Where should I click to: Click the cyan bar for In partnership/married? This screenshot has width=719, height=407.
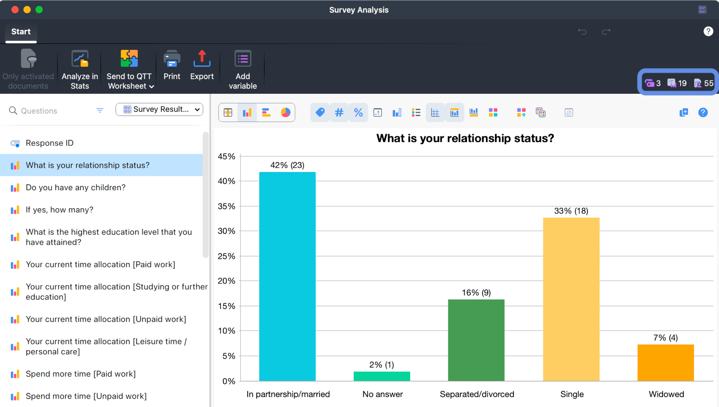(287, 277)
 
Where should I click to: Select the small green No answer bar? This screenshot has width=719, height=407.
(382, 376)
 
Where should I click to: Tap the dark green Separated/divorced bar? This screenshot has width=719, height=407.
(476, 340)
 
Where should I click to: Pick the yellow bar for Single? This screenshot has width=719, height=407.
(571, 299)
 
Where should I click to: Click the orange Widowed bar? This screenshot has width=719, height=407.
(665, 362)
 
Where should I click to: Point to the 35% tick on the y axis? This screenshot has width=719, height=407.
(226, 207)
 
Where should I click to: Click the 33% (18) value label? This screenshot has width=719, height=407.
(571, 211)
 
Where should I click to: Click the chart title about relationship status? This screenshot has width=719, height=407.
(465, 138)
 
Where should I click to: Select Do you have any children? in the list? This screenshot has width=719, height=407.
(75, 188)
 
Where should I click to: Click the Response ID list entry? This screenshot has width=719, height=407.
(50, 143)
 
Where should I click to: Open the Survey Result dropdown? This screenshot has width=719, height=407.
(159, 110)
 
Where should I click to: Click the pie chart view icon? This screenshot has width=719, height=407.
(285, 113)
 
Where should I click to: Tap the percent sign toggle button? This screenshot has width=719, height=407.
(358, 113)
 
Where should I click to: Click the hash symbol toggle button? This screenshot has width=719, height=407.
(339, 113)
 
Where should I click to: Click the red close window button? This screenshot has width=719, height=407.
(15, 10)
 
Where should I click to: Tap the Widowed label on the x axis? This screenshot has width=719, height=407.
(666, 394)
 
